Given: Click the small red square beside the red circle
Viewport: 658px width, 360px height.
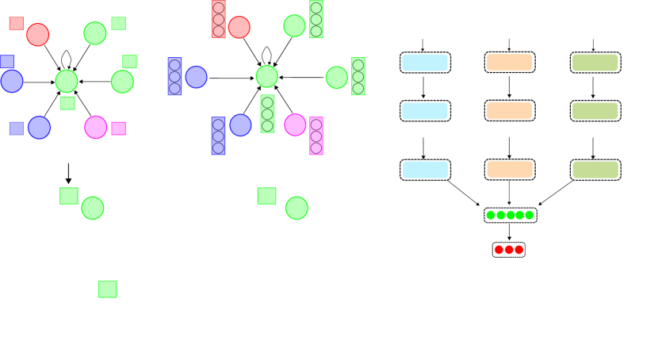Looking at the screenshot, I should click(17, 23).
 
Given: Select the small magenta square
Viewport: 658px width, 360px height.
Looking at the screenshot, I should click(118, 128).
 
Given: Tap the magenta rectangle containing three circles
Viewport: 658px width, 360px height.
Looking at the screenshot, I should click(316, 136).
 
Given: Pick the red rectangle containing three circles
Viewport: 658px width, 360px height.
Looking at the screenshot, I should click(219, 19).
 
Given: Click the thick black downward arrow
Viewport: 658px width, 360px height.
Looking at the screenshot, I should click(69, 173).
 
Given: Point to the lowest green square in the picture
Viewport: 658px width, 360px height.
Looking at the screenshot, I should click(107, 289).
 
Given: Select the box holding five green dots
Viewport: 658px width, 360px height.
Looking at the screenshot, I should click(511, 215).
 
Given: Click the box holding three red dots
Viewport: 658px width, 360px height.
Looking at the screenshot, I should click(509, 250).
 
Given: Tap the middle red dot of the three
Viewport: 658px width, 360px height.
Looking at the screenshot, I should click(509, 250).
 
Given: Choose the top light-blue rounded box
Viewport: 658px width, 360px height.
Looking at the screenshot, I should click(426, 62).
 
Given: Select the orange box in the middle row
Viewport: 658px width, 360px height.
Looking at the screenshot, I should click(509, 110).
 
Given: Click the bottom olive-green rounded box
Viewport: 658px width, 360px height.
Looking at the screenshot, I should click(595, 169).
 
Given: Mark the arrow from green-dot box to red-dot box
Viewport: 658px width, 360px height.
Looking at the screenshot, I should click(509, 232).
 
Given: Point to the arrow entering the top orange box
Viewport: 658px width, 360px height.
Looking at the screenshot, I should click(509, 44).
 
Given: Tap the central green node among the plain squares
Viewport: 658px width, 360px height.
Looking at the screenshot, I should click(67, 80).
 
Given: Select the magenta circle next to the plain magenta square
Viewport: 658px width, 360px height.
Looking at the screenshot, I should click(96, 127).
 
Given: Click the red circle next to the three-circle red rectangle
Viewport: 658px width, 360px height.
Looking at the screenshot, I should click(239, 27).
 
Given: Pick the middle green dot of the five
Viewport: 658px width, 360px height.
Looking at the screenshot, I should click(511, 215).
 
